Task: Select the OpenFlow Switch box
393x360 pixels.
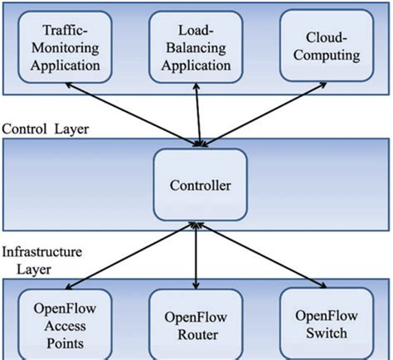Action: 325,319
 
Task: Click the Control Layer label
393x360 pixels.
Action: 45,129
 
